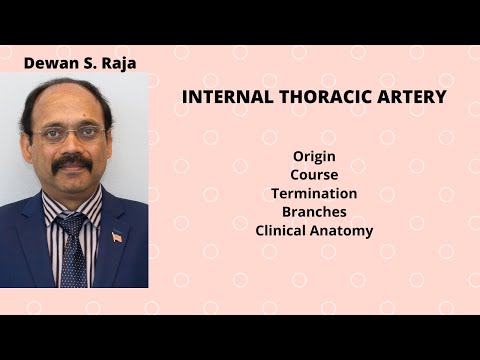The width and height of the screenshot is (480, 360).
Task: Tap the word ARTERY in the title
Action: pyautogui.click(x=410, y=98)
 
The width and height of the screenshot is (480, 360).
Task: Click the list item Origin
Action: pyautogui.click(x=314, y=157)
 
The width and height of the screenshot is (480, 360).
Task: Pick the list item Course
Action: pyautogui.click(x=314, y=175)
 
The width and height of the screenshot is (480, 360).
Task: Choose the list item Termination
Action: pyautogui.click(x=314, y=193)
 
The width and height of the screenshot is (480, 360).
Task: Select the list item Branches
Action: pyautogui.click(x=314, y=212)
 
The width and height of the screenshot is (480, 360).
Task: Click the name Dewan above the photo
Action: pyautogui.click(x=48, y=64)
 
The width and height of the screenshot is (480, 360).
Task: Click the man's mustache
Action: pyautogui.click(x=72, y=160)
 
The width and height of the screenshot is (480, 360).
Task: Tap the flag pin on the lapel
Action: pyautogui.click(x=117, y=237)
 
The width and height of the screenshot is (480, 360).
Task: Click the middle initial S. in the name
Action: pyautogui.click(x=88, y=64)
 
